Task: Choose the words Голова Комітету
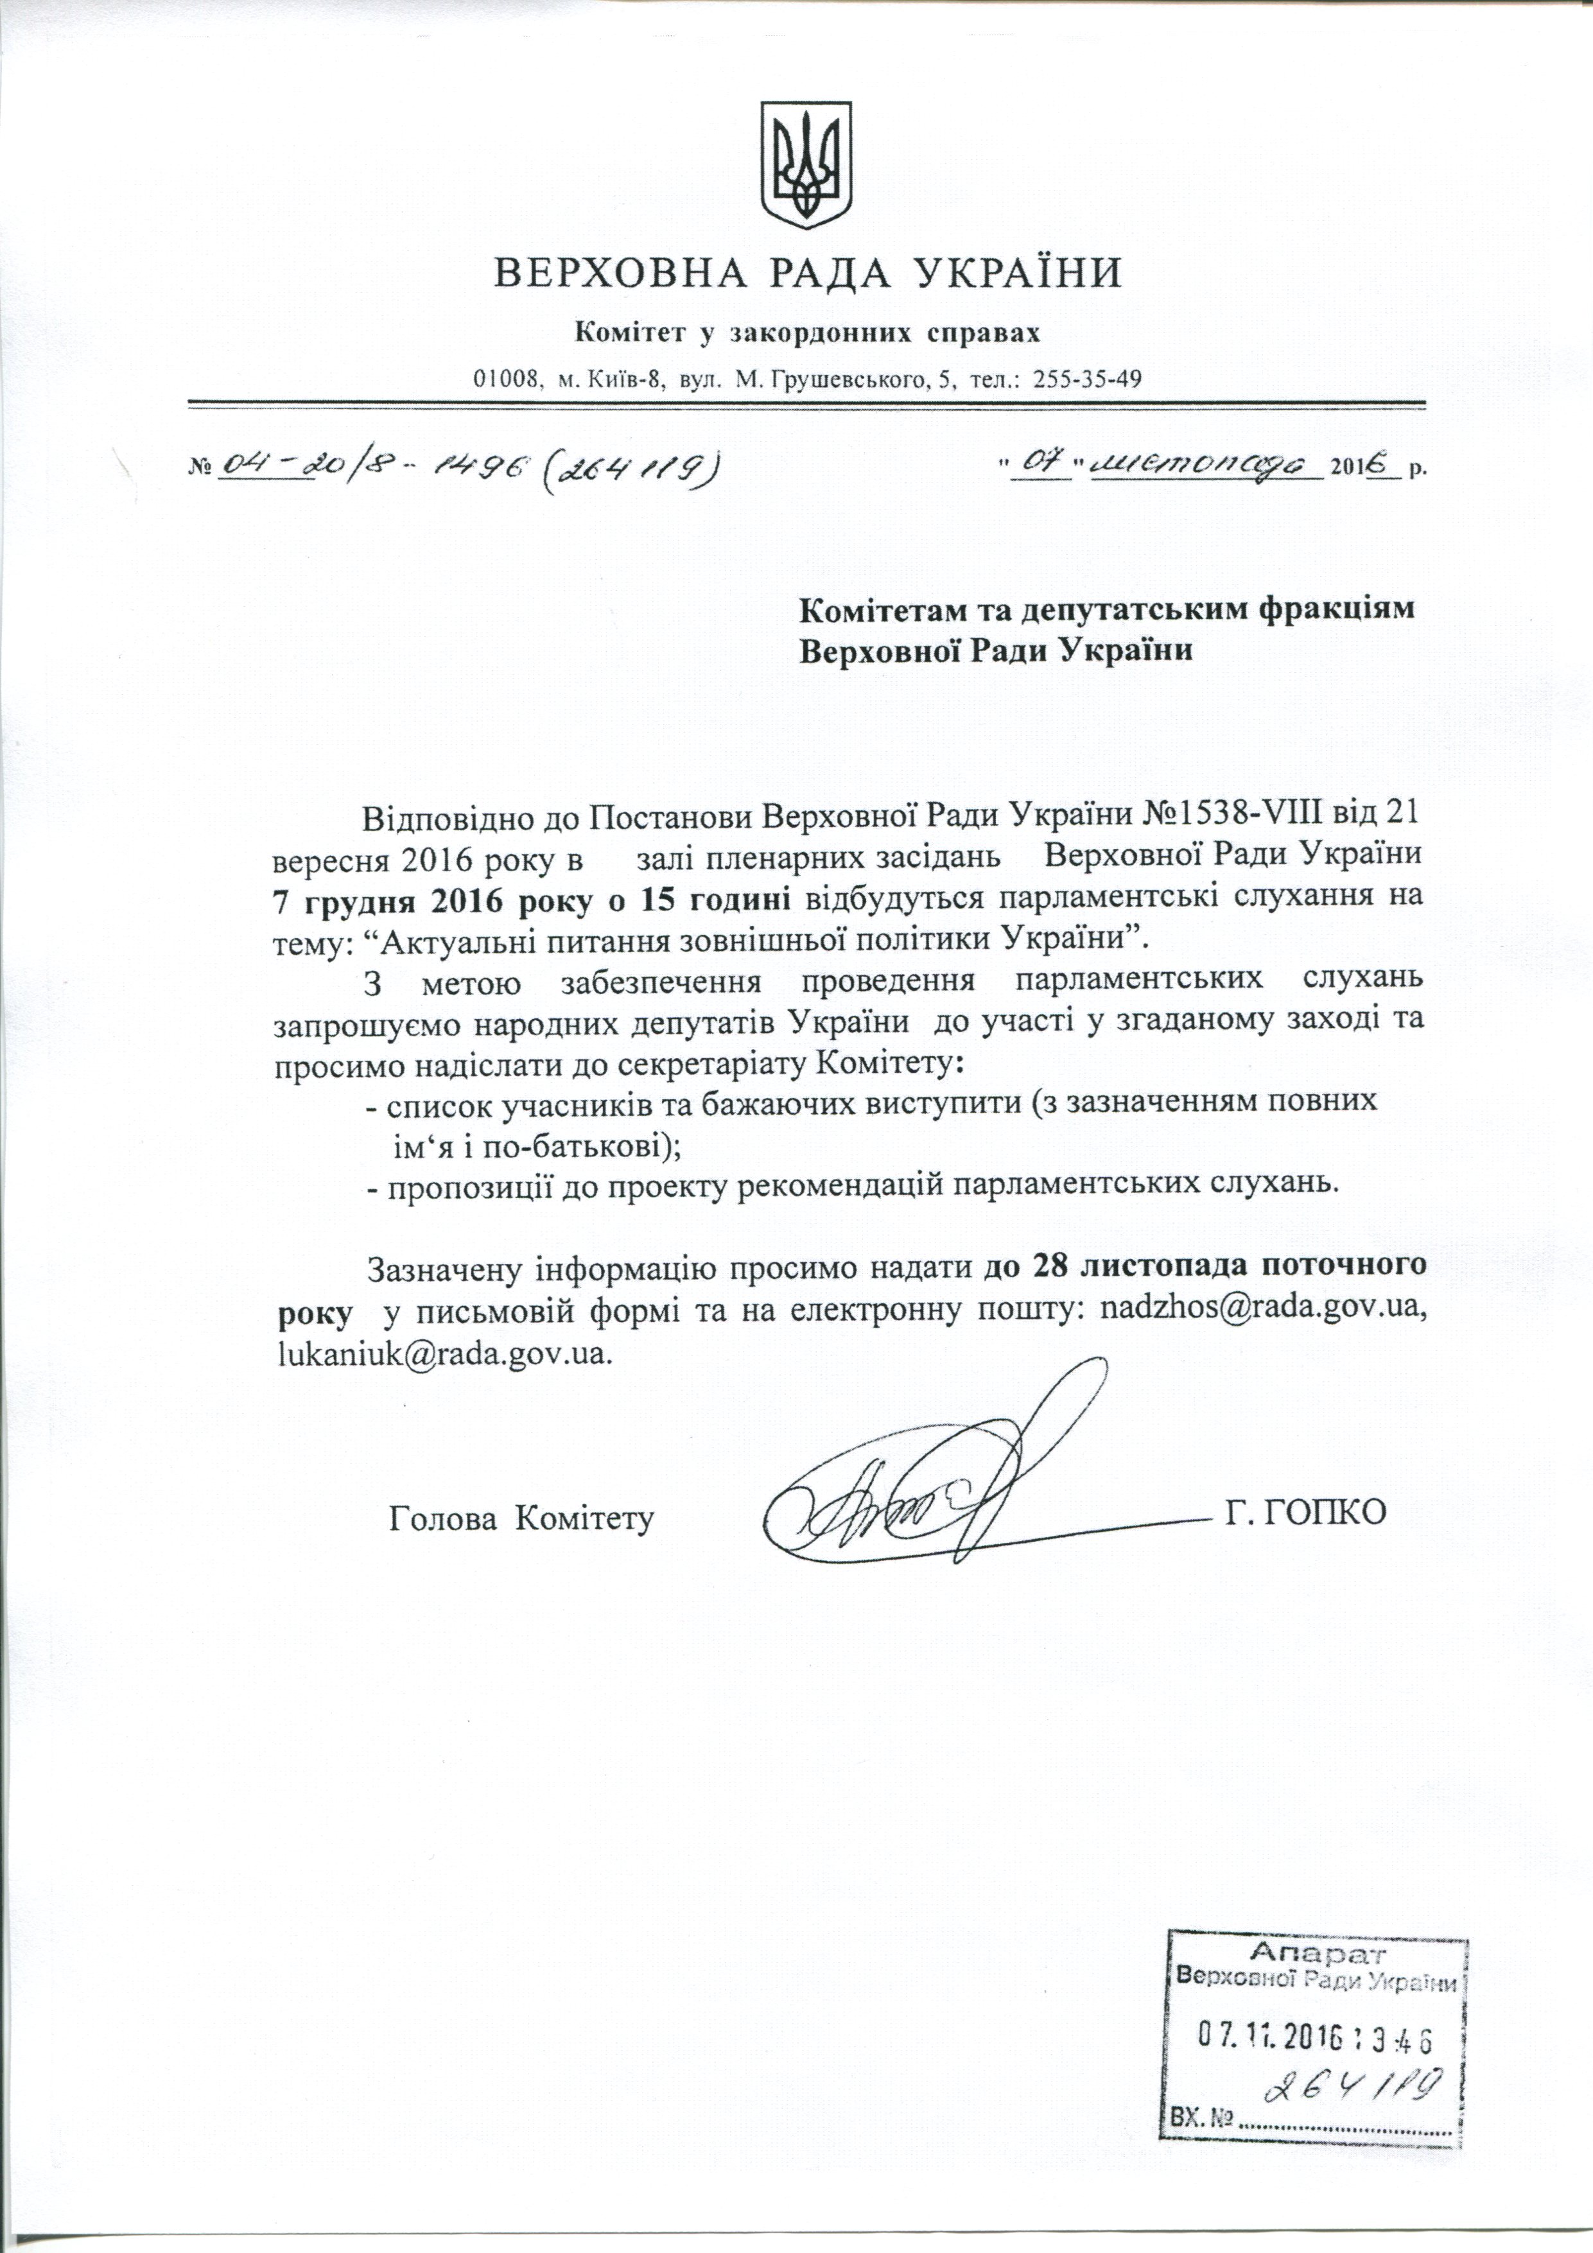(x=522, y=1518)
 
